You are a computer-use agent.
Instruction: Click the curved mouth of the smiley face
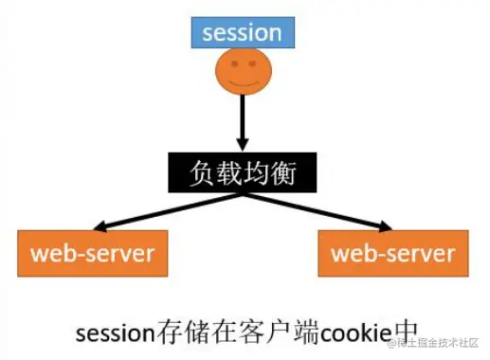click(x=243, y=84)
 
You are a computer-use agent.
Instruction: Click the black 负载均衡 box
click(x=241, y=173)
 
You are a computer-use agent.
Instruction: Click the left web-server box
click(x=92, y=253)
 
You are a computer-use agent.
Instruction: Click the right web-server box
click(x=392, y=253)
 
